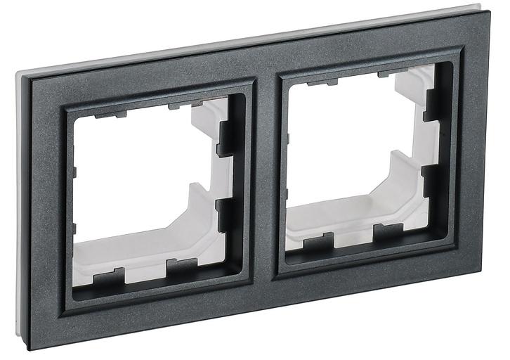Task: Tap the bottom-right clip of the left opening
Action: [181, 266]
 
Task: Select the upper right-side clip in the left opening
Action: [225, 137]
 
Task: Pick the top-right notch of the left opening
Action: [180, 106]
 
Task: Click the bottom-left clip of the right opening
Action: [318, 244]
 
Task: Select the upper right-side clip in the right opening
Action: [433, 105]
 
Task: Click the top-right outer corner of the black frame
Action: [485, 12]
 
